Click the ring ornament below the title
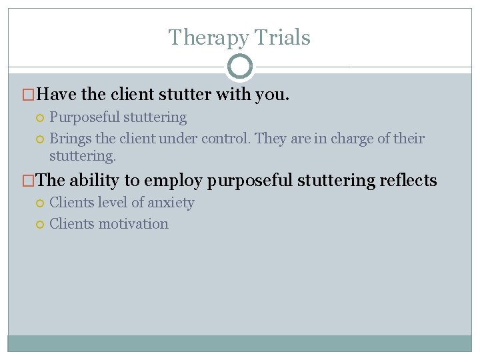240,67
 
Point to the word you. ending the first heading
272,95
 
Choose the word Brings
69,139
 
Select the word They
270,139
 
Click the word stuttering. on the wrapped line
83,156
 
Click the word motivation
133,224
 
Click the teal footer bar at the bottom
240,343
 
